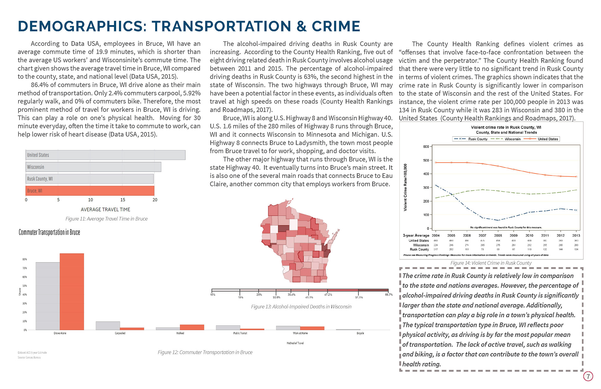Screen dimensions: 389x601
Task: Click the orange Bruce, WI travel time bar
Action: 90,191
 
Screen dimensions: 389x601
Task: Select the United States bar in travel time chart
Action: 105,155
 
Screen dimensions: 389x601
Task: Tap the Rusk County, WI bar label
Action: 40,179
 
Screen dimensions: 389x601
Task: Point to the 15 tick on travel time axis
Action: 123,200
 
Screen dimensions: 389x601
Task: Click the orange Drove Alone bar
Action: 72,292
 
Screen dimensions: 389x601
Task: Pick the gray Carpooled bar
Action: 108,326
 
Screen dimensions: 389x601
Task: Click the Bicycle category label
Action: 360,333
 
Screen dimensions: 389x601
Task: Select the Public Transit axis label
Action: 240,333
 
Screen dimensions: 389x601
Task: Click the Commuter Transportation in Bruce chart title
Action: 49,232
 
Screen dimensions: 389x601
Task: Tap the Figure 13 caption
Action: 301,307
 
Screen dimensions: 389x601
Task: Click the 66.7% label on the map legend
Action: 388,295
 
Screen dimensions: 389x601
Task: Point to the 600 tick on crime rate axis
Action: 426,147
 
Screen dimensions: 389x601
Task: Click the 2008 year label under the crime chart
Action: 498,236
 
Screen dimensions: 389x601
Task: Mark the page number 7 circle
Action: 588,376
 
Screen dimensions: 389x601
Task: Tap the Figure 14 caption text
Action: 491,263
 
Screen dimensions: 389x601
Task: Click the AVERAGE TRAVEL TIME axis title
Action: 105,210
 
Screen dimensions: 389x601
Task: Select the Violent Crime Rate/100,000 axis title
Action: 405,187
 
